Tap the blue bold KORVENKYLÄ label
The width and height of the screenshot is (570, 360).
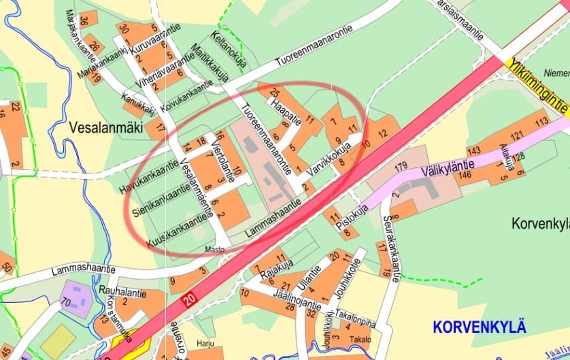tap(480, 327)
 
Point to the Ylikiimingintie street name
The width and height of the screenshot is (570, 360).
tap(537, 88)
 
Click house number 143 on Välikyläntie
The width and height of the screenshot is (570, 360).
tap(473, 150)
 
